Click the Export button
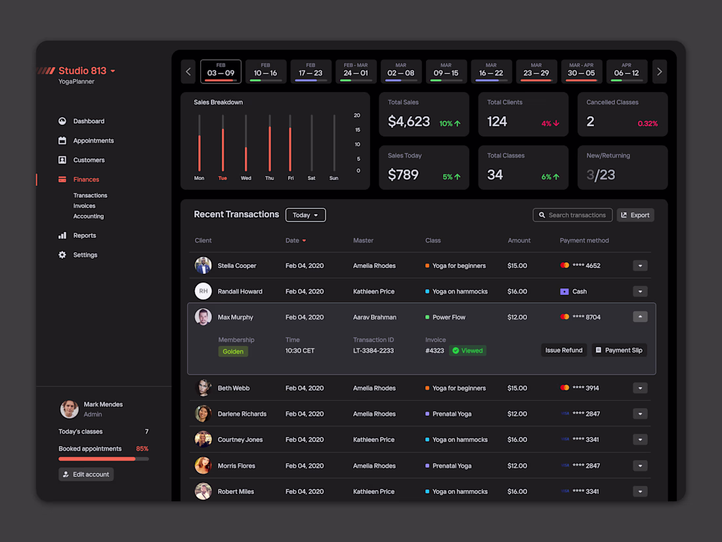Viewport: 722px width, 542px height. tap(635, 215)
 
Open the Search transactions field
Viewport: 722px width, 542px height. tap(572, 215)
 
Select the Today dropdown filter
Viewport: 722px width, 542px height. tap(305, 215)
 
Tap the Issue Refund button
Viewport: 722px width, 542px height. tap(564, 350)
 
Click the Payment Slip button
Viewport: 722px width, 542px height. tap(619, 350)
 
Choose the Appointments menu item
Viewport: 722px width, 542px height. tap(93, 141)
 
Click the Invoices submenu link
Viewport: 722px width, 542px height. tap(85, 206)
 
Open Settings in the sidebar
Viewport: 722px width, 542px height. tap(85, 255)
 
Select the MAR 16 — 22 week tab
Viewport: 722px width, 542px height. tap(491, 72)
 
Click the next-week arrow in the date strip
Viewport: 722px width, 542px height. tap(660, 72)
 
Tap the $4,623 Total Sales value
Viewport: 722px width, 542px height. tap(409, 122)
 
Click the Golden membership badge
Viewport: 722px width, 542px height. tap(233, 351)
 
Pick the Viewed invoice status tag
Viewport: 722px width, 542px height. tap(467, 351)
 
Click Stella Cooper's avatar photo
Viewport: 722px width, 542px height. tap(203, 265)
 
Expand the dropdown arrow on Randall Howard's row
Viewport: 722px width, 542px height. tap(640, 292)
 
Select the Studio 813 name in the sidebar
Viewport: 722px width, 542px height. tap(83, 71)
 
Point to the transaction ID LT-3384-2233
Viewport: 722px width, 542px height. tap(373, 351)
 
